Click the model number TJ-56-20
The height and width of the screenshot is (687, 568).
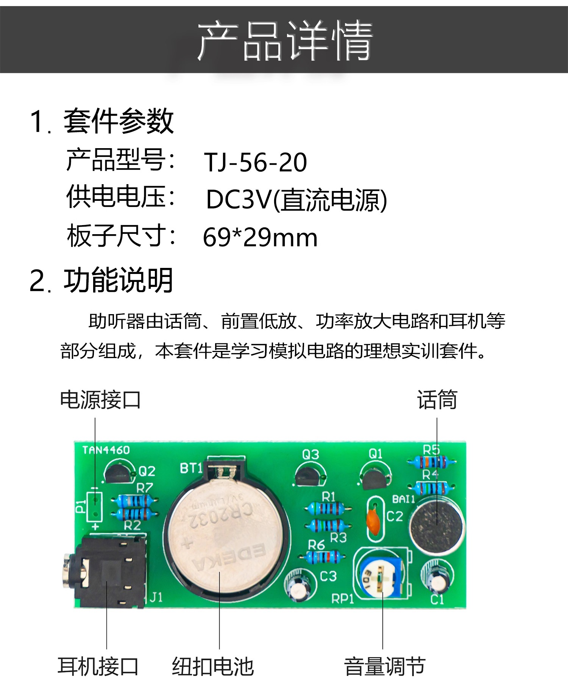click(256, 163)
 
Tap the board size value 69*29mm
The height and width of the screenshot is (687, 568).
click(260, 238)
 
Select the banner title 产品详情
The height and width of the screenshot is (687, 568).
click(285, 41)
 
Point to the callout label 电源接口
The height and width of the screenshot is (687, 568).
click(100, 400)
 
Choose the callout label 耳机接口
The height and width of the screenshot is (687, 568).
click(98, 667)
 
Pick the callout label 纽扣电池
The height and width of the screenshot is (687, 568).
click(213, 667)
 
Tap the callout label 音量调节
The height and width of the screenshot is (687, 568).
click(385, 667)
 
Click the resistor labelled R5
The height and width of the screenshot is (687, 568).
click(432, 462)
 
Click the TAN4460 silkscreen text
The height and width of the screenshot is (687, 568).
click(106, 450)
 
